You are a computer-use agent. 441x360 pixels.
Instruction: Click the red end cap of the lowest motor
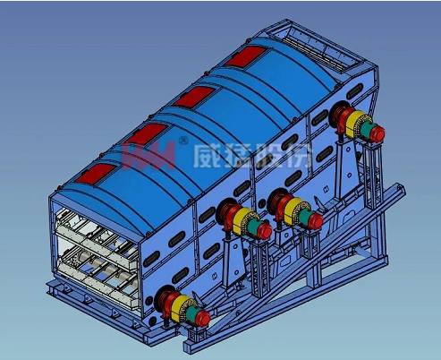click(x=202, y=318)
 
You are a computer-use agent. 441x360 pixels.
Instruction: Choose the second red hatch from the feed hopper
click(x=194, y=96)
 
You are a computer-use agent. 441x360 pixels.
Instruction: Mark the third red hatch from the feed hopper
click(x=146, y=133)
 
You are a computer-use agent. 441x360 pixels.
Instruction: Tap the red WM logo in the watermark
click(x=148, y=155)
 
